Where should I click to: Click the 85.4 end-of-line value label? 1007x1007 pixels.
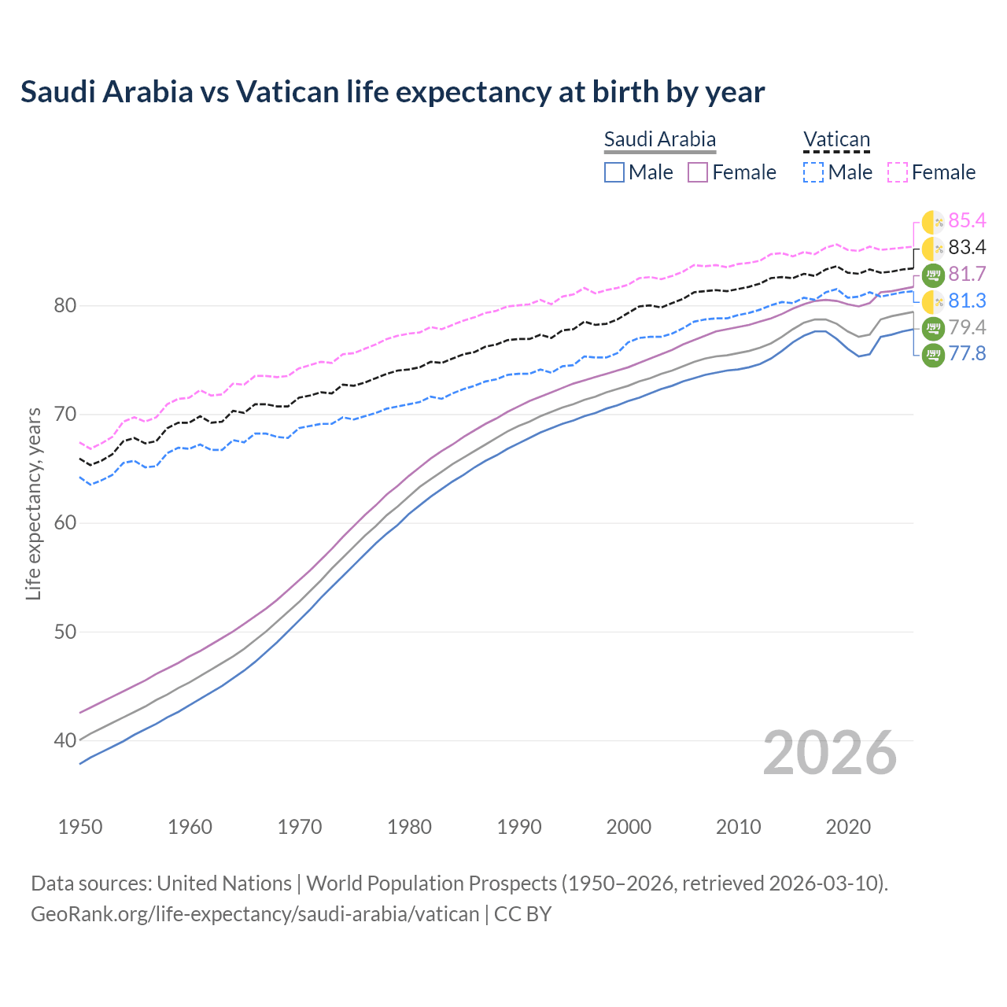click(967, 221)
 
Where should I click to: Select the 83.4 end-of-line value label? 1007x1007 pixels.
click(967, 248)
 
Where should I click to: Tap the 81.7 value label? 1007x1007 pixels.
click(967, 275)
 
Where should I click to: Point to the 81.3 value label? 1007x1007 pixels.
click(967, 301)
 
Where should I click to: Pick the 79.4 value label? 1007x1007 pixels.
click(967, 328)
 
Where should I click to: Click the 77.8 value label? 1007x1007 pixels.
click(967, 354)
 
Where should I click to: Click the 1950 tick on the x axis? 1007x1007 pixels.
click(80, 827)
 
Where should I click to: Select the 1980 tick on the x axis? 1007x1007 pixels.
click(410, 827)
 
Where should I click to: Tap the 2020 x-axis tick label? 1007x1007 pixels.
click(848, 827)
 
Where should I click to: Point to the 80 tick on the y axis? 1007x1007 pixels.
click(65, 305)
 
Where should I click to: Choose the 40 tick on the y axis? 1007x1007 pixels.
click(65, 740)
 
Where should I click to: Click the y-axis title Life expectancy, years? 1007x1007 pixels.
click(34, 503)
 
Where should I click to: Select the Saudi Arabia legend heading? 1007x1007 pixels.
click(659, 140)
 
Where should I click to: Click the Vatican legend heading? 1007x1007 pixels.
click(836, 140)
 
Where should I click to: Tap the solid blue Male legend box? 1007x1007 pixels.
click(614, 172)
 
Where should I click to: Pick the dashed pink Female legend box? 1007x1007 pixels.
click(898, 172)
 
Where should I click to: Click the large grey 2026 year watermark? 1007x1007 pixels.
click(829, 753)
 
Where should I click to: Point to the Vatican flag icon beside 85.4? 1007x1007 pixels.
click(933, 222)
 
